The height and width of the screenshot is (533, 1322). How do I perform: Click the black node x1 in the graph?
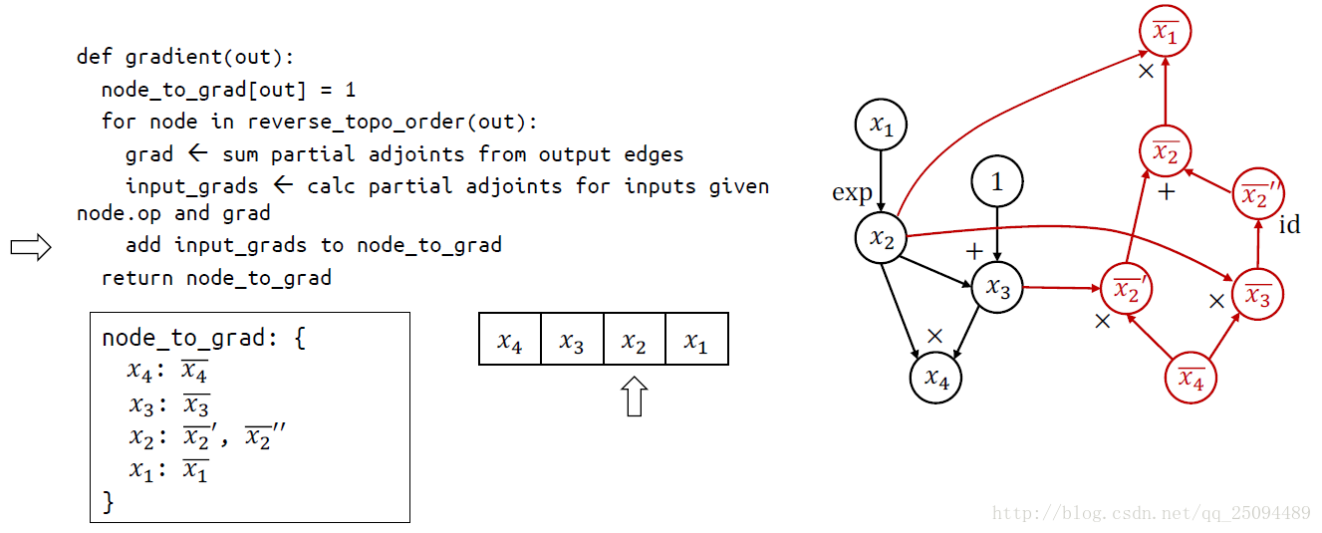[x=881, y=126]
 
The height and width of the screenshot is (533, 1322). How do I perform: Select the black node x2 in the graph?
[x=881, y=238]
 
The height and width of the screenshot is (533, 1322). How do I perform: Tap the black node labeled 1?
[x=996, y=182]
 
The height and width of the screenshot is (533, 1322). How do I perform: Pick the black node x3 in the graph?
[x=997, y=288]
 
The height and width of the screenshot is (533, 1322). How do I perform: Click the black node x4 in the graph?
[x=935, y=378]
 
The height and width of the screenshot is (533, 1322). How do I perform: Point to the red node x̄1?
[x=1165, y=33]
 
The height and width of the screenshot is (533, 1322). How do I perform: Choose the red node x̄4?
[x=1191, y=378]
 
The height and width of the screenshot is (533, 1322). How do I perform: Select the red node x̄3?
[x=1257, y=295]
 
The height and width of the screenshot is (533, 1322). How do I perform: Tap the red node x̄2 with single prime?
[x=1127, y=290]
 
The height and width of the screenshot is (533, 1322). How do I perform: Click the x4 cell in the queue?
[x=510, y=340]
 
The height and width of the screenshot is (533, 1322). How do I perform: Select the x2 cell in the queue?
[x=634, y=340]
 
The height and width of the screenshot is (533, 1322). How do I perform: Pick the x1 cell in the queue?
[x=695, y=340]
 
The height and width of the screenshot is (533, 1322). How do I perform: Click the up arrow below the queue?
[x=634, y=396]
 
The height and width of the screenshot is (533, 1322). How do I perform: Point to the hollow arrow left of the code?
[x=30, y=248]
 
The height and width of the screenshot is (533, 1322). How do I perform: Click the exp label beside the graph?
[x=852, y=193]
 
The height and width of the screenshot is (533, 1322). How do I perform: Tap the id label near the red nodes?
[x=1289, y=225]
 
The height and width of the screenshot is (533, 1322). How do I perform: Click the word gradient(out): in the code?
[x=210, y=57]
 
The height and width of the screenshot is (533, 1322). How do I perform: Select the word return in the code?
[x=137, y=278]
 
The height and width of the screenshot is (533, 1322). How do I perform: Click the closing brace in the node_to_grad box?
[x=109, y=502]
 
